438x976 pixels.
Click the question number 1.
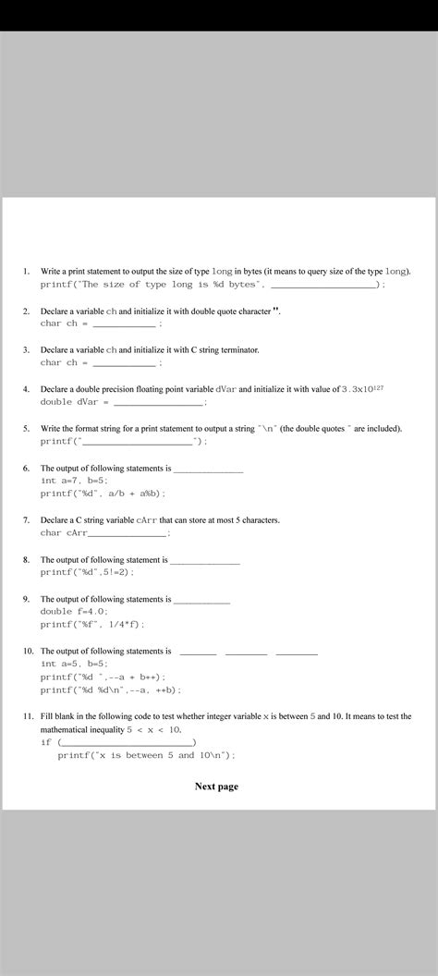(x=27, y=272)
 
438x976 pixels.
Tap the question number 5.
(x=27, y=429)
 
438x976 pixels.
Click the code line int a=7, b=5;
(x=74, y=481)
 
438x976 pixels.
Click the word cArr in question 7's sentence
(x=146, y=520)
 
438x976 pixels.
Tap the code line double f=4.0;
(x=74, y=612)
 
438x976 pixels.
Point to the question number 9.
(x=27, y=600)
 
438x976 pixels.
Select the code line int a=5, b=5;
(x=74, y=664)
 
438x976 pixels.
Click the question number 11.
(x=29, y=716)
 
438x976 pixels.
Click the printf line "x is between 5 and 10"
(x=146, y=755)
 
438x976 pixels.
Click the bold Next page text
(x=216, y=787)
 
